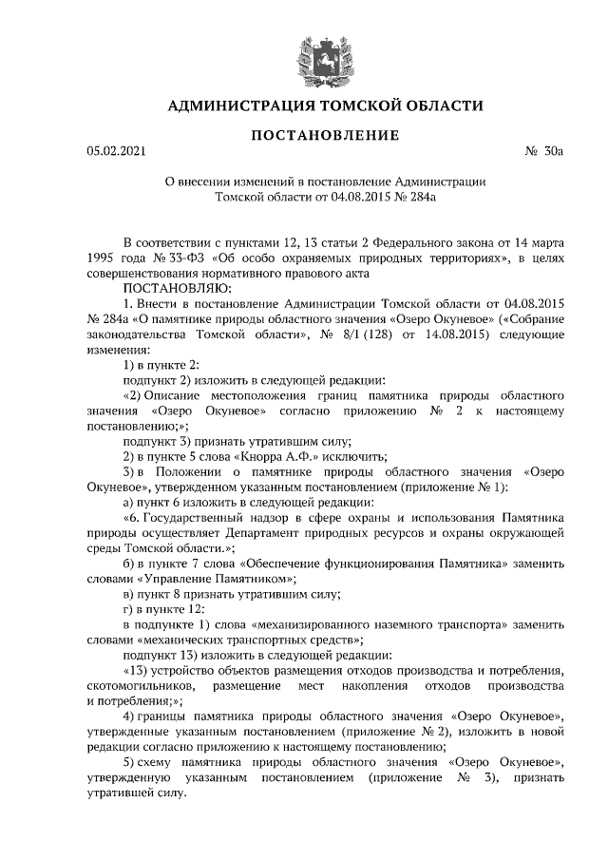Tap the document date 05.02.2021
[118, 151]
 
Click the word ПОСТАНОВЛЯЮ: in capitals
[171, 286]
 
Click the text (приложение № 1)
[460, 487]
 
